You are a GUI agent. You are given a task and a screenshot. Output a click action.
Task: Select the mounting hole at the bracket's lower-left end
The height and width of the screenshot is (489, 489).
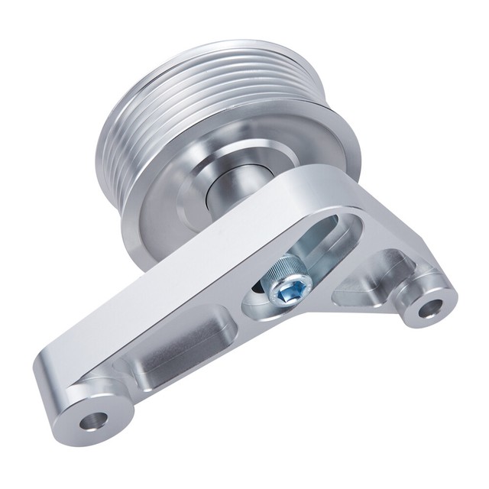pos(96,419)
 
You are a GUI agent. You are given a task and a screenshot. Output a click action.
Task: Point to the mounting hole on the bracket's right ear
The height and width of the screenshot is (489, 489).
pos(430,309)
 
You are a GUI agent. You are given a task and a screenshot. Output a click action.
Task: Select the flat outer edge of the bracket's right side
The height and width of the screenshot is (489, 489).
pos(397,229)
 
